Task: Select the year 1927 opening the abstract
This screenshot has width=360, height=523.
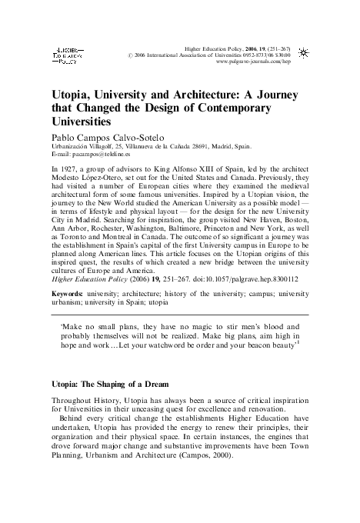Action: [71, 167]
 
